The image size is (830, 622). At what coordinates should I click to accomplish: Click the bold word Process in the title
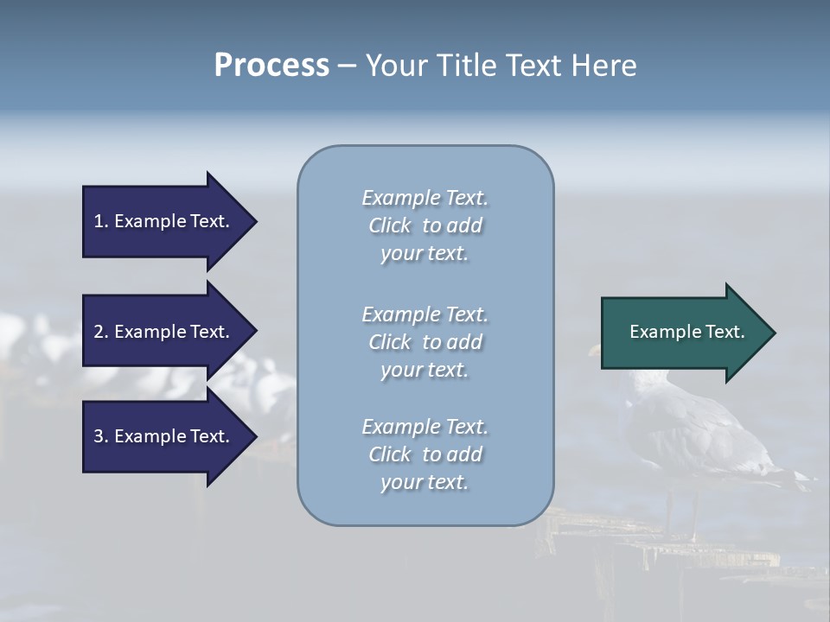tap(271, 65)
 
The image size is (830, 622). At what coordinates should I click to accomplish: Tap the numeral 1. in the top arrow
tap(101, 221)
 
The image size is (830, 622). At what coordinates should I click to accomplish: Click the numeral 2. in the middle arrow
tap(101, 332)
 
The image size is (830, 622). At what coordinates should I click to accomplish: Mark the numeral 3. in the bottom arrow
tap(101, 436)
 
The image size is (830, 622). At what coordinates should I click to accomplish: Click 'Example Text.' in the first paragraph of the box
tap(425, 198)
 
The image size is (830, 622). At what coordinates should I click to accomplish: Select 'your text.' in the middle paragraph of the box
tap(425, 370)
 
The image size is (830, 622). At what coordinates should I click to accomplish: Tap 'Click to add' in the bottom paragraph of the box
tap(425, 454)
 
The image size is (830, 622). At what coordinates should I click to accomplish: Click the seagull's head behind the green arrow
tap(595, 353)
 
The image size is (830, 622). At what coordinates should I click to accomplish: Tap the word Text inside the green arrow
tap(725, 332)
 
